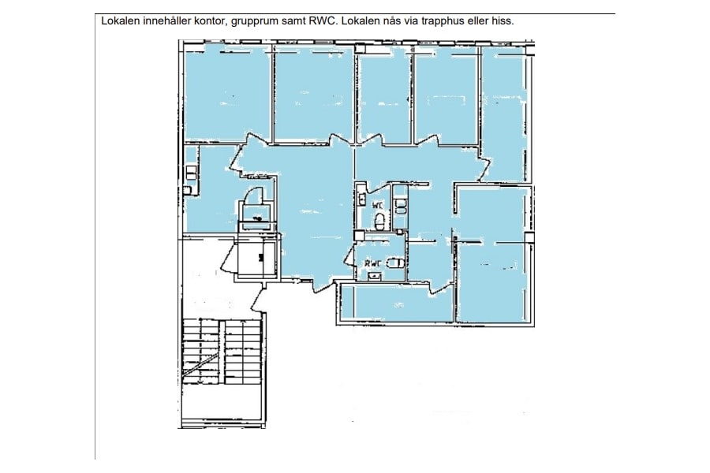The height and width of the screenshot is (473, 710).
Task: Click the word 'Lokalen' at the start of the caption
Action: (x=121, y=21)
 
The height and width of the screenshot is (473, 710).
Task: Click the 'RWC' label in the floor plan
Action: (x=372, y=263)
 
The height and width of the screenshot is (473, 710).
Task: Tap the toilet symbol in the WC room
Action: (x=379, y=221)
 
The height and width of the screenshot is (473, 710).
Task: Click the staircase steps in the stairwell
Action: (x=222, y=355)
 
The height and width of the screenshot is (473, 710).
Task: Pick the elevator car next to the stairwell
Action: (x=256, y=256)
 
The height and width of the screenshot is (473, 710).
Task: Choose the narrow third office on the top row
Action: (x=384, y=96)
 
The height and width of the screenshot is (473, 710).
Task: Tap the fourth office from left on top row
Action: (x=446, y=95)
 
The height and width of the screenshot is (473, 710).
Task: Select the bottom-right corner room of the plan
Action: (x=493, y=281)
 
